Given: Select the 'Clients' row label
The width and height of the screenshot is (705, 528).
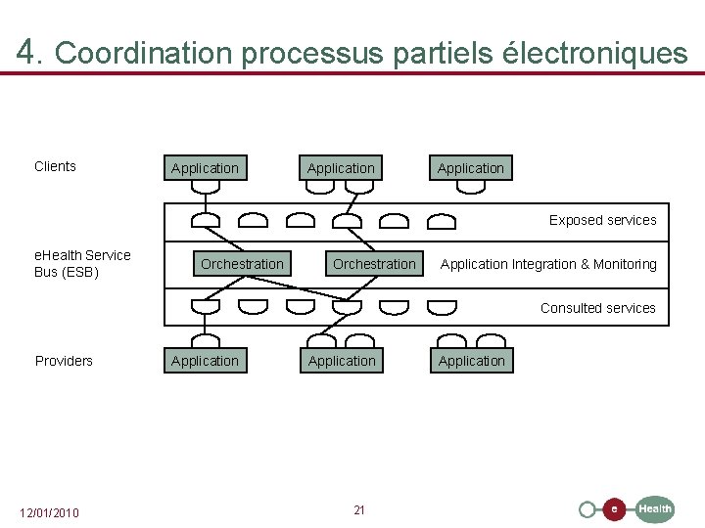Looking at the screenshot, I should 55,166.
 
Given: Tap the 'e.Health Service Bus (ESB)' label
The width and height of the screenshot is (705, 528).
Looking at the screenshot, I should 82,264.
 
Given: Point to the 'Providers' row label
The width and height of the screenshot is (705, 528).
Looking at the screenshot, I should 64,361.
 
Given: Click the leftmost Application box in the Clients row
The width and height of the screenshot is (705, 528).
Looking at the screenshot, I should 205,168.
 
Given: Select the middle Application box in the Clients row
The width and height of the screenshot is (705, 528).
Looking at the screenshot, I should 341,168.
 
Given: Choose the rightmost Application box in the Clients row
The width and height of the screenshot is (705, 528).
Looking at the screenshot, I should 471,168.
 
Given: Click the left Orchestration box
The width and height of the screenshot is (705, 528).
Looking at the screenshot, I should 242,264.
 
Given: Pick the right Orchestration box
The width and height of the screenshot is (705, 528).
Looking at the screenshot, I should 374,264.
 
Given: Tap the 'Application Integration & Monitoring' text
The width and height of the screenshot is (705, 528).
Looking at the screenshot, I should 548,264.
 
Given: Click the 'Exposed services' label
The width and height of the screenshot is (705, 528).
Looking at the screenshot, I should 602,220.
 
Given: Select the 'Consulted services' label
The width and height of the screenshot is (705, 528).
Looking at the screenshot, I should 597,308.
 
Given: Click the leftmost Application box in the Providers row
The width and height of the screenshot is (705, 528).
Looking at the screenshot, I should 205,361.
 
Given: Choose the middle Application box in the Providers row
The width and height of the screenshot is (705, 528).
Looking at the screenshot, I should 342,361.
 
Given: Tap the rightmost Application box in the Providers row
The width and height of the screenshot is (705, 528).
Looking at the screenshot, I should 472,361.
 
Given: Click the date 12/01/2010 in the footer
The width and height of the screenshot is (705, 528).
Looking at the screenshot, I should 50,513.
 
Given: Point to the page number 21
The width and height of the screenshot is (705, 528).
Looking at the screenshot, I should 359,510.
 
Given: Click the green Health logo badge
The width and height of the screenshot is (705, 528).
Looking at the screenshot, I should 655,508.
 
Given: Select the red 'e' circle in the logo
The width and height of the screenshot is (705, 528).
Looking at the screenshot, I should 614,509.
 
